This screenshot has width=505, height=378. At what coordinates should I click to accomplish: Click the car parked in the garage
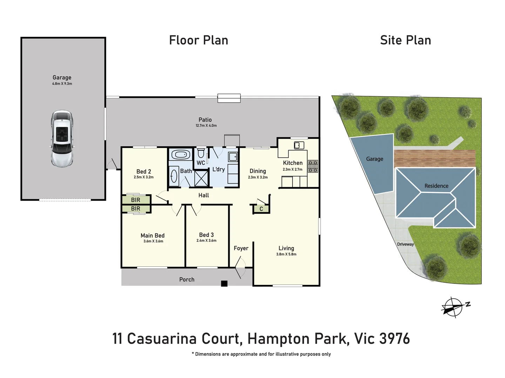tap(62, 139)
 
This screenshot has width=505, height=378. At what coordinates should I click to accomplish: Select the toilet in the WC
tap(201, 153)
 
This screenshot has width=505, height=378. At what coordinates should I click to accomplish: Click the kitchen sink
tap(299, 145)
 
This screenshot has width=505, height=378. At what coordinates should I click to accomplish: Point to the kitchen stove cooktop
tap(313, 167)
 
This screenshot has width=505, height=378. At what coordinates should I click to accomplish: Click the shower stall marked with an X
tap(201, 178)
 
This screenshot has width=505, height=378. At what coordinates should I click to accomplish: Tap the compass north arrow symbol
tap(454, 307)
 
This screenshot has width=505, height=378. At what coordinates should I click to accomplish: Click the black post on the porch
tap(224, 283)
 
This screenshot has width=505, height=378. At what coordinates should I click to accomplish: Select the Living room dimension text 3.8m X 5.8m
tap(286, 254)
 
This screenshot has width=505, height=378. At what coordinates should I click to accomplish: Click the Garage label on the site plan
tap(375, 159)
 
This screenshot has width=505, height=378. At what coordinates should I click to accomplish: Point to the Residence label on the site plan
tap(436, 186)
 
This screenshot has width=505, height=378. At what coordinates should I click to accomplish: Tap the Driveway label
tap(405, 244)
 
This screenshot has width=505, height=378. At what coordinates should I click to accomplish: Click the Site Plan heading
tap(405, 40)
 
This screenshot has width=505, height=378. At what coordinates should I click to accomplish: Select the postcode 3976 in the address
tap(395, 338)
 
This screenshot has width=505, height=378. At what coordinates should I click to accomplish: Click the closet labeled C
tap(261, 209)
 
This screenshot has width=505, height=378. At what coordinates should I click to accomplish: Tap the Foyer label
tap(241, 248)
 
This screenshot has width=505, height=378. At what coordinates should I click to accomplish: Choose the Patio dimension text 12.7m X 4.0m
tap(206, 126)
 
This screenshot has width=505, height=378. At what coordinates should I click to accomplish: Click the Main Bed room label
tap(153, 236)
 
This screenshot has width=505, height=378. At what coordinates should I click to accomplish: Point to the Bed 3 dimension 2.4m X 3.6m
tap(206, 240)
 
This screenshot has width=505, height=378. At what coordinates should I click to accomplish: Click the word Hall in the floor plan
tap(203, 195)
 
